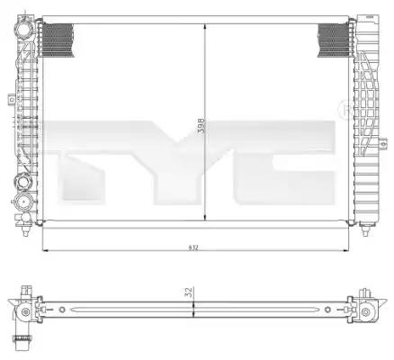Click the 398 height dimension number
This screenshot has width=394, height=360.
201,125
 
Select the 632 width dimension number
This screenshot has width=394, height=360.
193,247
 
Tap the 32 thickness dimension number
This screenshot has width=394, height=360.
188,292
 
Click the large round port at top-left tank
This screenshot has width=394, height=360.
23,30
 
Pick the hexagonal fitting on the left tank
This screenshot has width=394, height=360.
24,182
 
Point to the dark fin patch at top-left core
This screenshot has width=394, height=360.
58,40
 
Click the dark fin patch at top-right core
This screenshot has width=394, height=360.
334,40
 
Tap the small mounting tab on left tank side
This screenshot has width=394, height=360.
12,99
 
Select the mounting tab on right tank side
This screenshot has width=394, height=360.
382,144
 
